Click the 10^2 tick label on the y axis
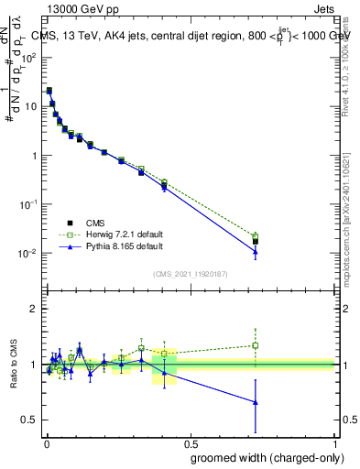pos(28,57)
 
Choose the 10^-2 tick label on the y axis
pos(28,254)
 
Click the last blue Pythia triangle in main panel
pos(256,252)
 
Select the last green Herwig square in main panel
pos(256,236)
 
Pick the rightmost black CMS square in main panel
pos(256,242)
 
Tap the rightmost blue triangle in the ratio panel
pos(256,401)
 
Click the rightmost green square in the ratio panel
pos(256,345)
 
